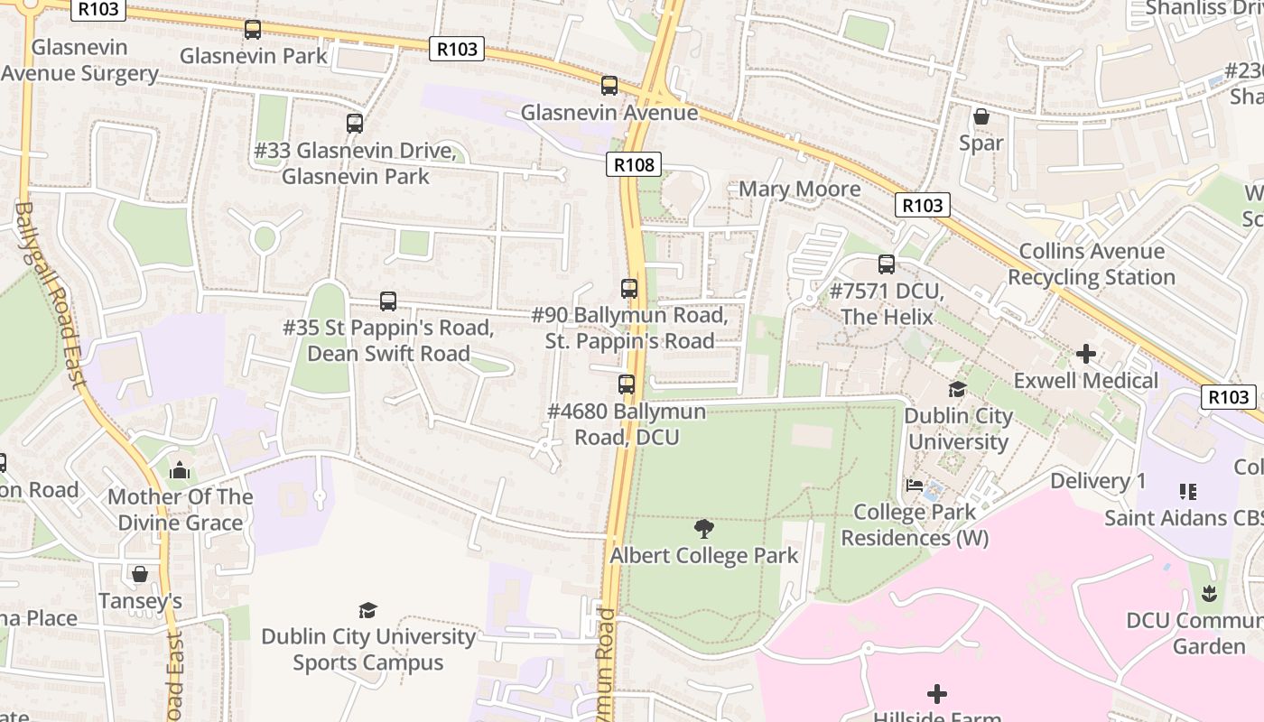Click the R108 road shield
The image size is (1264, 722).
coord(633,164)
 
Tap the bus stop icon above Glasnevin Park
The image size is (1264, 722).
coord(253,30)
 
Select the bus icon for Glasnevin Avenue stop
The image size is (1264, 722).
coord(609,86)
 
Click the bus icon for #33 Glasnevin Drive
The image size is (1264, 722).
coord(355,124)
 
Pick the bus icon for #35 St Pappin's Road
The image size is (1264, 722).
coord(388,301)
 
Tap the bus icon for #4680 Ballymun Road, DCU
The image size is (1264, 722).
coord(627,384)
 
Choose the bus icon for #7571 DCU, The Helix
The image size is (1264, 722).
coord(887,264)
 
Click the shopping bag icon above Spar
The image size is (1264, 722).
coord(981,116)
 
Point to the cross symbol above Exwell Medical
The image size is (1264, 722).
coord(1085,354)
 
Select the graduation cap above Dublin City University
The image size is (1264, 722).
coord(957,389)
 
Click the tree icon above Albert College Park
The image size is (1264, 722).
coord(704,528)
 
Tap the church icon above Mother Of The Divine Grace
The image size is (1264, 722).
coord(180,470)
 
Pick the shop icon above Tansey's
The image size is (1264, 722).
coord(140,574)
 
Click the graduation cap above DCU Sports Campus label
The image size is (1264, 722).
coord(367,610)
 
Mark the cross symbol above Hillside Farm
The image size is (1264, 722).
coord(937,693)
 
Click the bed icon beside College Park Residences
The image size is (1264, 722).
coord(915,486)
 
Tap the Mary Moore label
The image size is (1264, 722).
coord(799,189)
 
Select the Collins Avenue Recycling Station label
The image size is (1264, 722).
coord(1091,264)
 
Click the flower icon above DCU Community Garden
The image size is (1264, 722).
coord(1210,594)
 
